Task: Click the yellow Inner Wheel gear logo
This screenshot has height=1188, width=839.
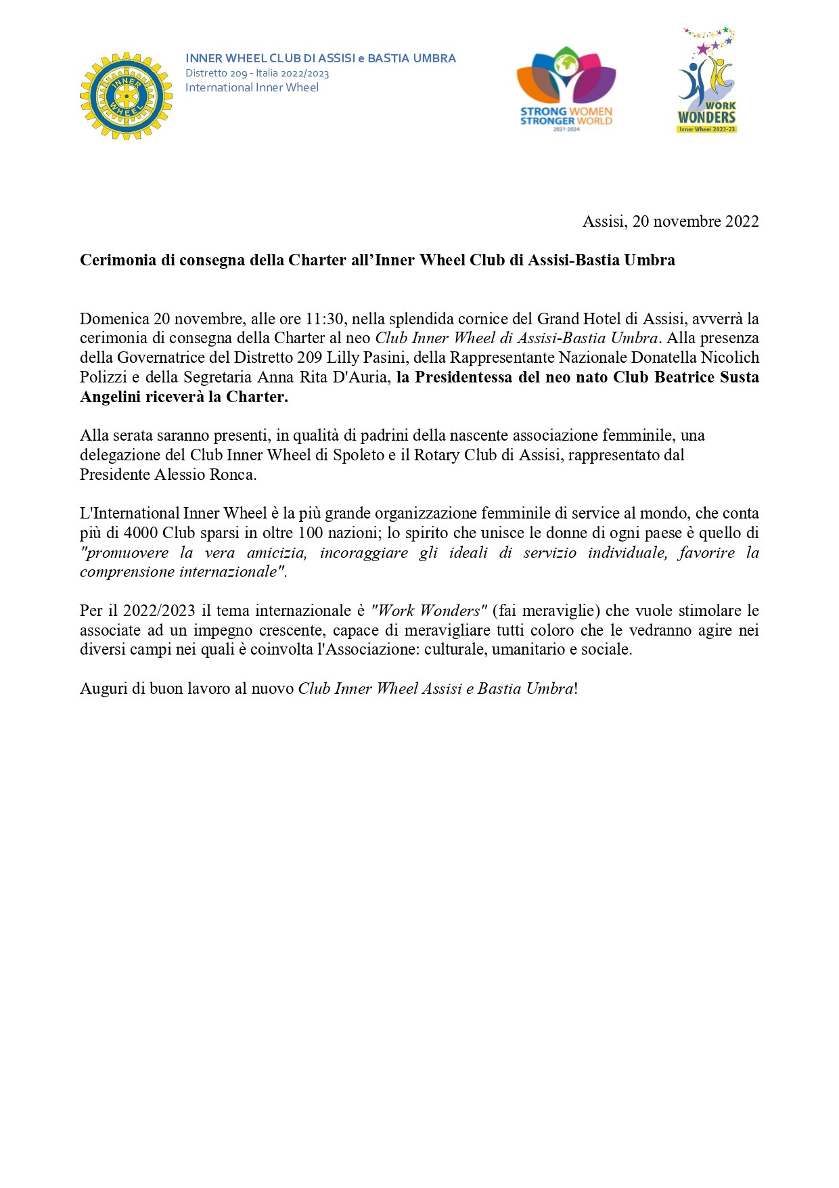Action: pyautogui.click(x=126, y=95)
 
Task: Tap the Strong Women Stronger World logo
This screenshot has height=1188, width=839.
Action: pyautogui.click(x=566, y=88)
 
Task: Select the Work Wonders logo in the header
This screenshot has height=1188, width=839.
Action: pyautogui.click(x=706, y=81)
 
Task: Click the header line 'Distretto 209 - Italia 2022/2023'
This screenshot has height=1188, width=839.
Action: pyautogui.click(x=257, y=73)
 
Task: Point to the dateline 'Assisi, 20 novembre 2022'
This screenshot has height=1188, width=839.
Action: pyautogui.click(x=670, y=221)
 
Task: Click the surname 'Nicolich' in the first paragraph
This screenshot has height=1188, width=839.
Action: pyautogui.click(x=729, y=357)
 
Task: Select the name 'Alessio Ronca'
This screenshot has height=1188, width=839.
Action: pyautogui.click(x=206, y=475)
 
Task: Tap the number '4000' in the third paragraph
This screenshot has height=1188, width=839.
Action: pyautogui.click(x=141, y=533)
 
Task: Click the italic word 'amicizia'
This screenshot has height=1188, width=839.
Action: pyautogui.click(x=276, y=552)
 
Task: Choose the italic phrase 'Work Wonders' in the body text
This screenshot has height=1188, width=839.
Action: pyautogui.click(x=429, y=611)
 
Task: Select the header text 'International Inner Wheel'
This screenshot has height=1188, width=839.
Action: pyautogui.click(x=252, y=87)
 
